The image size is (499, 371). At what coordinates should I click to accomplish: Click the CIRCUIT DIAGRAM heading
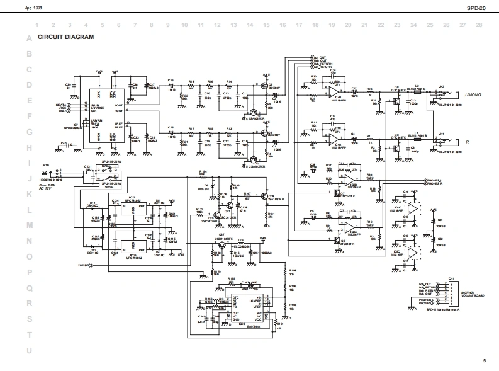(65, 37)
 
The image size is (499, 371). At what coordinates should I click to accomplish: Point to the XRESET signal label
(85, 265)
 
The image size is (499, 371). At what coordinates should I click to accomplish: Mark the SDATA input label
(60, 105)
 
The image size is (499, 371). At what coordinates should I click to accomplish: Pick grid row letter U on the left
(28, 350)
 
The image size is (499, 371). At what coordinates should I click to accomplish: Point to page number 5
(485, 360)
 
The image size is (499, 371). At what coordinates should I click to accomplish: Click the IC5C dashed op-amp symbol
(412, 253)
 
